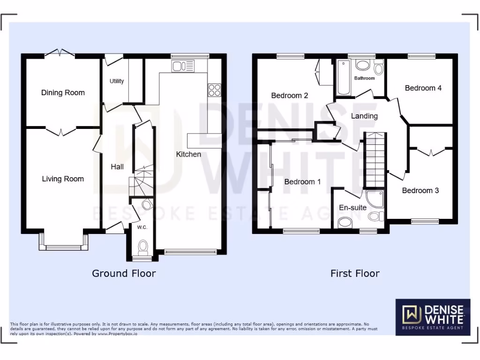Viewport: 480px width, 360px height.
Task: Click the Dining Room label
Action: point(63,92)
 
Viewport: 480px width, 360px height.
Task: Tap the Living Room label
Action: point(63,179)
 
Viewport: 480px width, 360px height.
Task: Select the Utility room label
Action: point(117,81)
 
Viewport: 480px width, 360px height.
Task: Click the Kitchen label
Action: point(188,154)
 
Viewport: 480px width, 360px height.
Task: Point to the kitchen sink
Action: point(183,66)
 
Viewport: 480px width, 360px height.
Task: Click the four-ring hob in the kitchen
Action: point(214,90)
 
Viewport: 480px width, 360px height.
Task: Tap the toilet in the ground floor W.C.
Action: point(143,246)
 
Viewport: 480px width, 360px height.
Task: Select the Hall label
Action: point(117,166)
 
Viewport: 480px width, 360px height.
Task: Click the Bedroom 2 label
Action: point(290,96)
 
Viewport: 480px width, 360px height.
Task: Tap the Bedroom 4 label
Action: point(423,88)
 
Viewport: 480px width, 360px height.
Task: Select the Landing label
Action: point(364,116)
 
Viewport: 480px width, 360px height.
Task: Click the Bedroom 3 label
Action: point(420,190)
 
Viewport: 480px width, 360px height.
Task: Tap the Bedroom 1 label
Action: point(302,181)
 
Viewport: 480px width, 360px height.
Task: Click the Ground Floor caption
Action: point(124,273)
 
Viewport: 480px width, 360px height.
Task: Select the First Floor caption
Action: point(355,273)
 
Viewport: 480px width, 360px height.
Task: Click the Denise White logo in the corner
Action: point(433,317)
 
